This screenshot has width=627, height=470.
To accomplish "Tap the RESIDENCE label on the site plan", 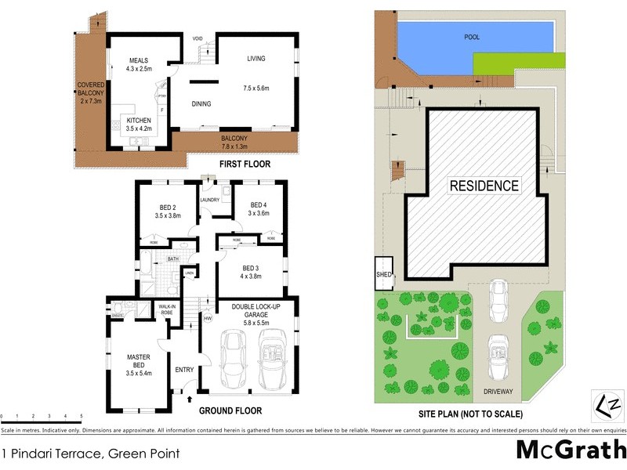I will (484, 186).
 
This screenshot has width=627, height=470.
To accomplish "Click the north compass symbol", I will (608, 405).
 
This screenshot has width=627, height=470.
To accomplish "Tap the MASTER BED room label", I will (138, 363).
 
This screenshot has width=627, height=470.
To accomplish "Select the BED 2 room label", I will (162, 209).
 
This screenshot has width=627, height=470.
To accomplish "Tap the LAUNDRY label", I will (209, 200).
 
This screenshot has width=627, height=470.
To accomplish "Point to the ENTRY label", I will (184, 371).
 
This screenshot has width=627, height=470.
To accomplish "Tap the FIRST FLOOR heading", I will (245, 164).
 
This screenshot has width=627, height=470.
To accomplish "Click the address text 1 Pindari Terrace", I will (90, 454).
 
